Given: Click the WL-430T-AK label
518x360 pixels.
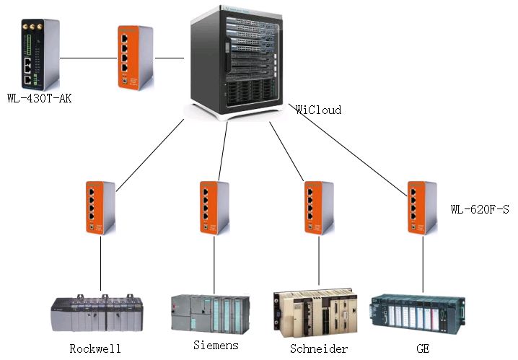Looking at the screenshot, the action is (x=39, y=98).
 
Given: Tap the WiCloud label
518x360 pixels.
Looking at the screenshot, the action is (x=318, y=110).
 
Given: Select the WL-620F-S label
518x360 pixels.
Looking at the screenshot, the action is (x=480, y=209).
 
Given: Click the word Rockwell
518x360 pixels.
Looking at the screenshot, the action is (x=95, y=348).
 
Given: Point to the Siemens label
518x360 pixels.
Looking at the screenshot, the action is (x=216, y=345).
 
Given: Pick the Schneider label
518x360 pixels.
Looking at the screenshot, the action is (x=319, y=348).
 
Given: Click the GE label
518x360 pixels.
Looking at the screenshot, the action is (x=423, y=348).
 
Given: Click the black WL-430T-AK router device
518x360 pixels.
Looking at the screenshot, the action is (x=40, y=55).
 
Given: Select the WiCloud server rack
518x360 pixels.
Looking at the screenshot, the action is (x=237, y=63).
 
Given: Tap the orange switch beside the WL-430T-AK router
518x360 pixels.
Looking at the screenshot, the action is (x=136, y=58).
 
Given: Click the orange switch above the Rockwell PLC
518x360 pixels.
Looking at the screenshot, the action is (x=101, y=208).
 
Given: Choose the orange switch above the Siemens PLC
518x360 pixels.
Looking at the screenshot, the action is (x=214, y=208).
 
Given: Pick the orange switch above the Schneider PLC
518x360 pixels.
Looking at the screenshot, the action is (x=319, y=208).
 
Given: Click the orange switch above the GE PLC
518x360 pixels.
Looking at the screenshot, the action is (x=422, y=208).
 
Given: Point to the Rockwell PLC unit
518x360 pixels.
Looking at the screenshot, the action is (x=97, y=313).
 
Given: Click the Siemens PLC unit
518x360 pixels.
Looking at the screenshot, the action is (x=211, y=314).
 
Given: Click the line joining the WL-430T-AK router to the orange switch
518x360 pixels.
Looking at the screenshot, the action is (x=89, y=58).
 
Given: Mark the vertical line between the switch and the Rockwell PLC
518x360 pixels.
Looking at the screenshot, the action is (x=101, y=263).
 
